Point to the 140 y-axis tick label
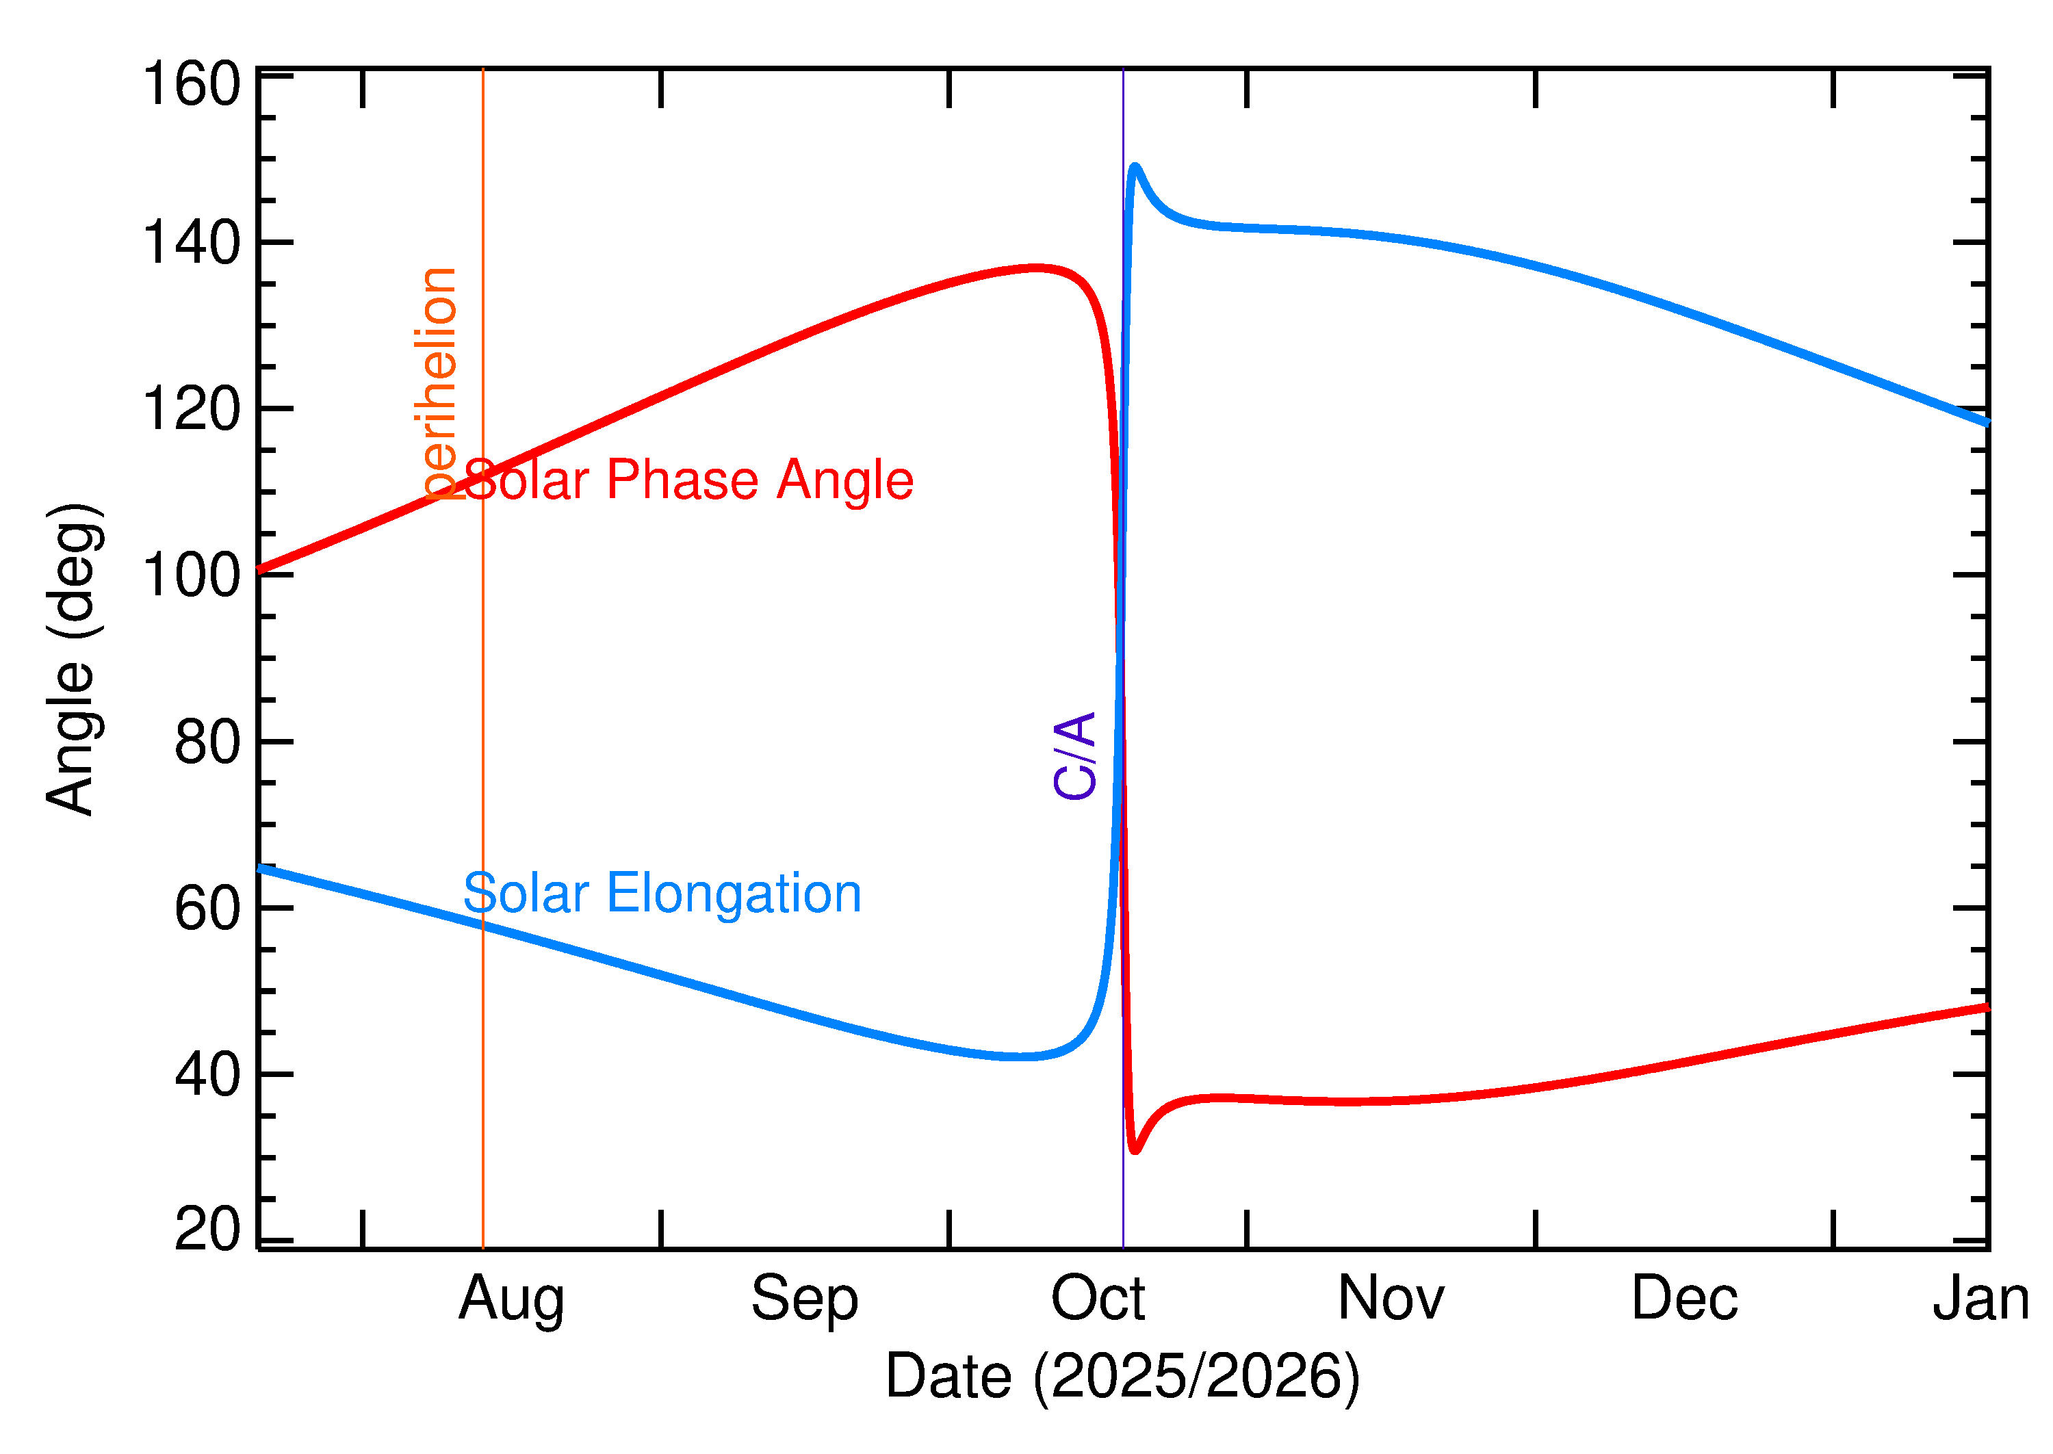[x=192, y=243]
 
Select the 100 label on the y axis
[x=192, y=575]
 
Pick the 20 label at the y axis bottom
[x=208, y=1230]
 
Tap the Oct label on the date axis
[x=1098, y=1299]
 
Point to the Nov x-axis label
[x=1391, y=1299]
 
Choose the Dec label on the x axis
[x=1684, y=1299]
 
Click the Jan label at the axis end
[x=1980, y=1299]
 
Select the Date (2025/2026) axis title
[x=1122, y=1376]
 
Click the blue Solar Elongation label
[x=662, y=894]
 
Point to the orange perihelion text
[x=437, y=382]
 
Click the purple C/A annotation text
[x=1075, y=755]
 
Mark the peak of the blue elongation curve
[x=1135, y=166]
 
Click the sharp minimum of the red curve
[x=1135, y=1150]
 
